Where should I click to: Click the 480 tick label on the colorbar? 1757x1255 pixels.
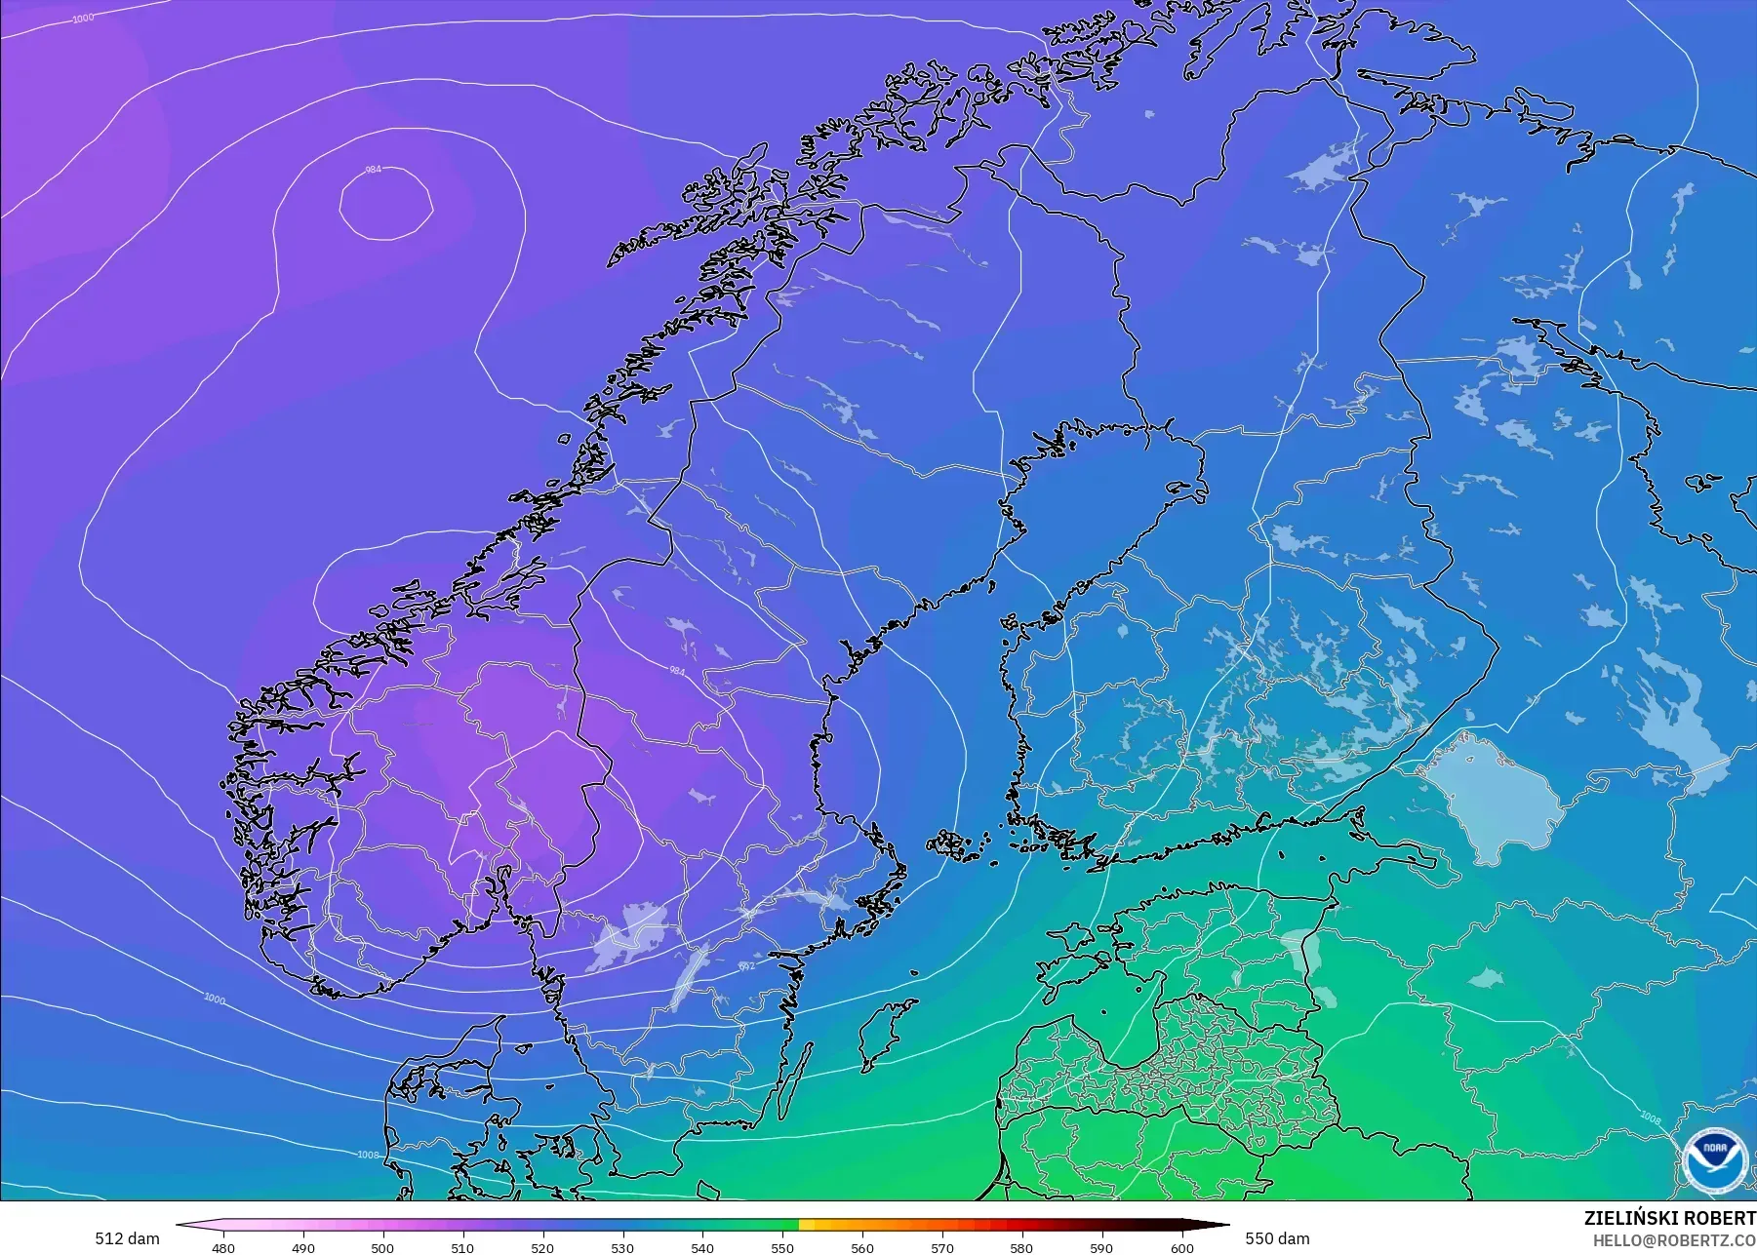click(x=222, y=1247)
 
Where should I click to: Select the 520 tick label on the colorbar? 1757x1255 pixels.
click(x=542, y=1247)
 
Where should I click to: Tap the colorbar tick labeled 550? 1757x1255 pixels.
click(x=782, y=1247)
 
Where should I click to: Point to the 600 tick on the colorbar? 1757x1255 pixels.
click(x=1181, y=1247)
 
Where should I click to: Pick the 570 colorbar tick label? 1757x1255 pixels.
click(x=942, y=1247)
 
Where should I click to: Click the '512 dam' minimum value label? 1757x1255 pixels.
click(x=127, y=1238)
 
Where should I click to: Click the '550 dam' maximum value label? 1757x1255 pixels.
click(x=1277, y=1238)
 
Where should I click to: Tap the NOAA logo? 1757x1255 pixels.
click(x=1714, y=1158)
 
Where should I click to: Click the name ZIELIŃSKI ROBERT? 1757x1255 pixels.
click(x=1669, y=1218)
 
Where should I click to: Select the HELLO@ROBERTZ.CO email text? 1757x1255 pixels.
click(x=1674, y=1240)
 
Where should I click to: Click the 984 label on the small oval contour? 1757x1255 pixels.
click(x=373, y=170)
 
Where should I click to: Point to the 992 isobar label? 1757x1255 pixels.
click(x=746, y=966)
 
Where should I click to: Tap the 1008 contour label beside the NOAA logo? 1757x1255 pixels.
click(x=1650, y=1117)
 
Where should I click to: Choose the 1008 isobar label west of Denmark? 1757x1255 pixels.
click(x=368, y=1156)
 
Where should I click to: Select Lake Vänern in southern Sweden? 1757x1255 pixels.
click(x=629, y=936)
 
